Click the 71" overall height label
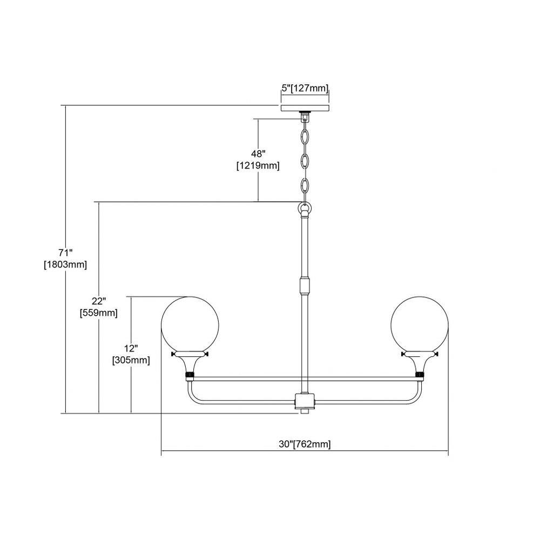(x=65, y=253)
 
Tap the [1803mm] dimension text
(x=65, y=265)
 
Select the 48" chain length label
(x=258, y=153)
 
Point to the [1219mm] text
(x=258, y=166)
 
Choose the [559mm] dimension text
(x=98, y=313)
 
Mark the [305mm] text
(x=131, y=360)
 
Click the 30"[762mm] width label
(x=305, y=444)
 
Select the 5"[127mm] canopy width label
(x=305, y=88)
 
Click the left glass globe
(x=190, y=325)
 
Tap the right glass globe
(x=420, y=325)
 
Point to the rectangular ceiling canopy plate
(x=305, y=108)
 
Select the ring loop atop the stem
(x=305, y=208)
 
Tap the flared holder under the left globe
(x=190, y=363)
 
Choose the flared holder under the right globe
(x=420, y=363)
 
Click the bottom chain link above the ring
(x=305, y=186)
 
